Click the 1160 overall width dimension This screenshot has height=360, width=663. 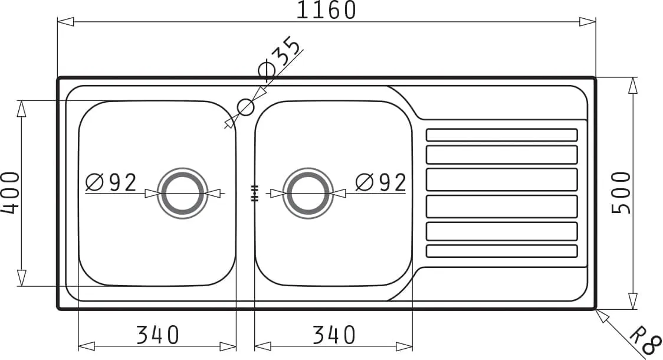[326, 11]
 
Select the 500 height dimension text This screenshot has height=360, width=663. [622, 192]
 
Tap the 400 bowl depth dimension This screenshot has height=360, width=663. [10, 192]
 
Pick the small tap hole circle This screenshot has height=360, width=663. [245, 107]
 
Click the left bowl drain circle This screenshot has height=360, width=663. [183, 194]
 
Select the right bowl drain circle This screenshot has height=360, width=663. [308, 194]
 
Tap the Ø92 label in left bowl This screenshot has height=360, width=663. [111, 183]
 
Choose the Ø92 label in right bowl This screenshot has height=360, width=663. [381, 183]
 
